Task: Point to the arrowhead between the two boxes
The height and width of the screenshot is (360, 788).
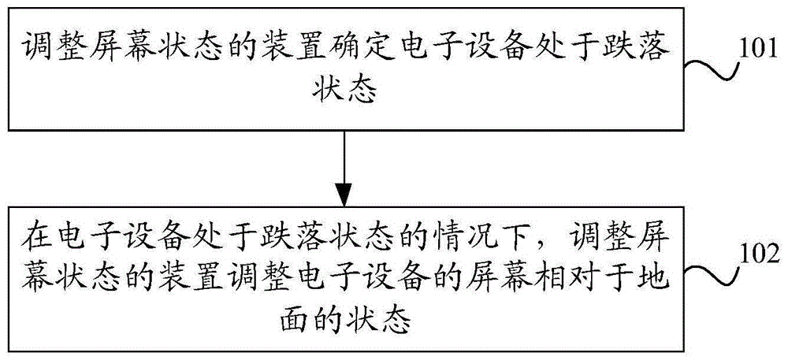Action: click(x=344, y=192)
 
